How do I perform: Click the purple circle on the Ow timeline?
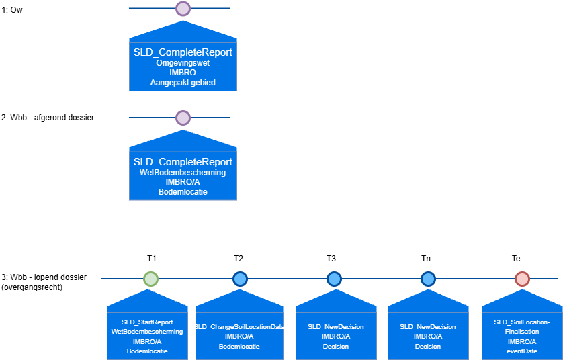pos(183,9)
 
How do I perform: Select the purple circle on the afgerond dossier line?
pos(183,118)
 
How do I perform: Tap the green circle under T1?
pos(150,279)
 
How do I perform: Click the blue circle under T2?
pos(241,279)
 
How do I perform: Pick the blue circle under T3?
pos(335,279)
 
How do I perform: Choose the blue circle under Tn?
pos(428,279)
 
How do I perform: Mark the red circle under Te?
pos(522,279)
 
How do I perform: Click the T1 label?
pos(152,259)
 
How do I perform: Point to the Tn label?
pos(426,259)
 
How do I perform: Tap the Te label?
pos(516,259)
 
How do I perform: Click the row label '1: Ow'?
pos(12,10)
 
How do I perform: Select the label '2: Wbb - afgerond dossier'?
pos(48,118)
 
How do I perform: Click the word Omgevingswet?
pos(183,63)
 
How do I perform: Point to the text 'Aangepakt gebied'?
pos(183,83)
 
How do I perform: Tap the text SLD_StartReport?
pos(147,322)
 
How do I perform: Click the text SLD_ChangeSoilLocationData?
pos(239,326)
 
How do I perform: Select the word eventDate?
pos(522,351)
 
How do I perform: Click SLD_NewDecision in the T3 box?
pos(336,326)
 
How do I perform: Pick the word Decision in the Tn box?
pos(428,347)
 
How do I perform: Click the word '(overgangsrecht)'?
pos(32,287)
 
